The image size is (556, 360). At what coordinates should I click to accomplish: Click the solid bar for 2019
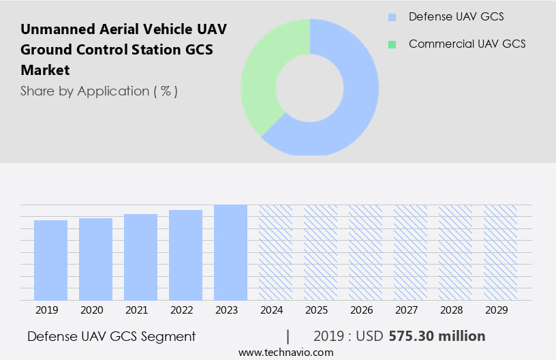coord(50,260)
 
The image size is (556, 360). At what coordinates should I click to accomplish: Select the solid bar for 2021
coord(140,257)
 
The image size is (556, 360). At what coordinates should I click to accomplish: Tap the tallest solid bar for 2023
coord(230,252)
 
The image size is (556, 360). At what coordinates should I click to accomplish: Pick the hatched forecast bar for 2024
coord(275,252)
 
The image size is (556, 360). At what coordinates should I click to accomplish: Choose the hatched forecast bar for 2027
coord(410,252)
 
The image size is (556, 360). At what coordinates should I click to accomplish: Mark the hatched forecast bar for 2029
coord(500,252)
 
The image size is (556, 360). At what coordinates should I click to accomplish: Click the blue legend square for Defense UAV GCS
coord(391,17)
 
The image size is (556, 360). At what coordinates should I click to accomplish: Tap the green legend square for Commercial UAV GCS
coord(391,44)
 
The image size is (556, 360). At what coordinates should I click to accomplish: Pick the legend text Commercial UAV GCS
coord(467,44)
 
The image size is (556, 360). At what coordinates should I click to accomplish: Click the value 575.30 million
coord(437,336)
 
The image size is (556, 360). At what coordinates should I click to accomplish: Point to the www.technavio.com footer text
coord(285,352)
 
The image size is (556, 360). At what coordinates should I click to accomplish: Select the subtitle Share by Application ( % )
coord(99,91)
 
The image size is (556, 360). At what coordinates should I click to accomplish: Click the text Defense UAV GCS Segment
coord(111,336)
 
